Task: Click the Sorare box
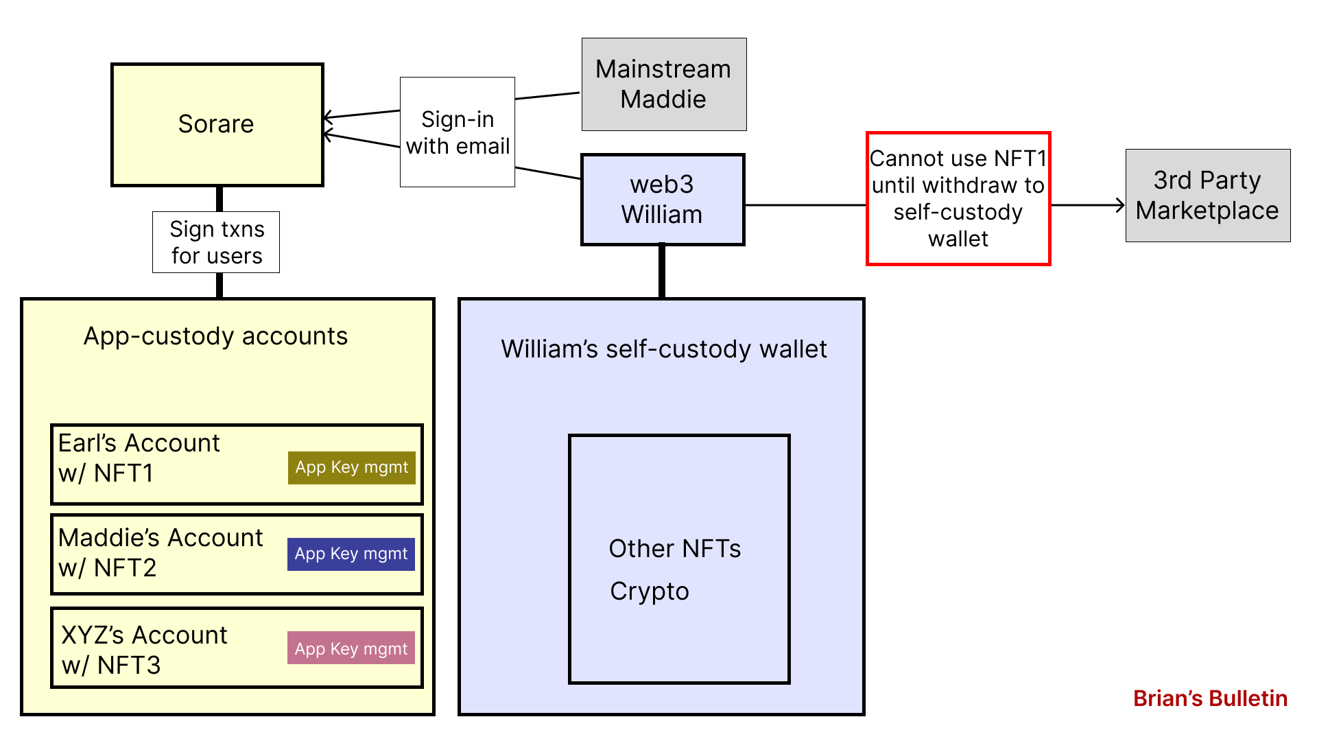[217, 124]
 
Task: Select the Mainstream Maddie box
[663, 84]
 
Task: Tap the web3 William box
[662, 200]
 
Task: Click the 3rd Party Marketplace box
[1207, 196]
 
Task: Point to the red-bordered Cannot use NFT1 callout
[958, 198]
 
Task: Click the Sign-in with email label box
[458, 132]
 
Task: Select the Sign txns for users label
[216, 242]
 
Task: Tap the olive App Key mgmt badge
[351, 467]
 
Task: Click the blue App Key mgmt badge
[351, 554]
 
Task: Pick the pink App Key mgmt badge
[351, 648]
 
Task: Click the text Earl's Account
[139, 443]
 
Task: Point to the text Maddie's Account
[161, 538]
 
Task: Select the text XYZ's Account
[144, 635]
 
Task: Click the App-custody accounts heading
[215, 336]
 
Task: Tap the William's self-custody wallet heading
[663, 349]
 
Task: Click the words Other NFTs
[674, 549]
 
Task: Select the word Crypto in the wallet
[649, 591]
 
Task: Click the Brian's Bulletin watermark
[1210, 698]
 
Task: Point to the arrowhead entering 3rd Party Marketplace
[1121, 205]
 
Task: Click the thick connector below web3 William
[662, 272]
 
